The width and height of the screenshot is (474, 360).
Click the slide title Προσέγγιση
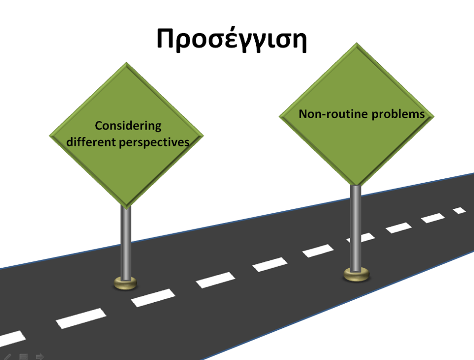(x=232, y=40)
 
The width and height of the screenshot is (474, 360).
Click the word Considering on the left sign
(x=128, y=126)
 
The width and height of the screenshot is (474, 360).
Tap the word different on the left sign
(x=91, y=141)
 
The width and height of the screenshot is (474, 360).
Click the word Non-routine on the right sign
(x=333, y=114)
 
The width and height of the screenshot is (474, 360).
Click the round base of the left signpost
(x=125, y=283)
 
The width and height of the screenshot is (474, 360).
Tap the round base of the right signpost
(x=356, y=275)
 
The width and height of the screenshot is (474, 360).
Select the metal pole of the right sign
(x=355, y=228)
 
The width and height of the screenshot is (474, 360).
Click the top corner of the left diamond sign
(x=126, y=63)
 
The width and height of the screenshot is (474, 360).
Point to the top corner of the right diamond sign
(x=356, y=43)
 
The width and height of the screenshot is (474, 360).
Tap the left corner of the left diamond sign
(x=49, y=136)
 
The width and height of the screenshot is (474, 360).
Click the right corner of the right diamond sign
(x=434, y=117)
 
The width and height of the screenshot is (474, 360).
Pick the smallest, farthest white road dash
(x=460, y=210)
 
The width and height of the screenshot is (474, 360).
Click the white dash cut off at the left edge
(x=11, y=339)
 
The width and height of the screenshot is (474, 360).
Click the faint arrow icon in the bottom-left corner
(x=39, y=357)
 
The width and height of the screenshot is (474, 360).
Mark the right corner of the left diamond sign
(x=203, y=136)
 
